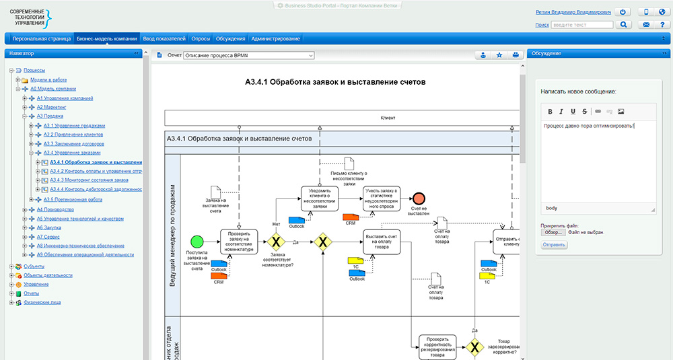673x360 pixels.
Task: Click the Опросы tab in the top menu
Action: coord(201,38)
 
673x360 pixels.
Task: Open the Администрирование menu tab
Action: coord(276,38)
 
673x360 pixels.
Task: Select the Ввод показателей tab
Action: coord(165,38)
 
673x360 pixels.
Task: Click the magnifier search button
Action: coord(624,25)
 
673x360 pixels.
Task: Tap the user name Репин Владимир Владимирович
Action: coord(573,12)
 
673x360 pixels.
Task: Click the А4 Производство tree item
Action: coord(56,209)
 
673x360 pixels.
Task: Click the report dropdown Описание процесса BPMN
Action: coord(249,55)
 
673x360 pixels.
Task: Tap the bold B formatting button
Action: coord(550,111)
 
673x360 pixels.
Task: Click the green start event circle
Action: coord(197,241)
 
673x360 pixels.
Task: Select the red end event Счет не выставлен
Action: coord(419,199)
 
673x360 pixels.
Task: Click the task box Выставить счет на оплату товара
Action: coord(382,241)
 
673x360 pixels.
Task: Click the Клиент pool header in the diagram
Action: coord(342,118)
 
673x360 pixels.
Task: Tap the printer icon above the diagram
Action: coord(515,55)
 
